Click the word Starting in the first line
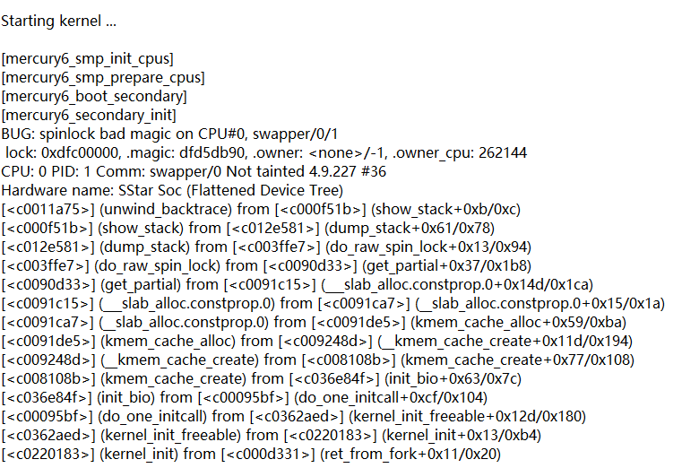[x=30, y=21]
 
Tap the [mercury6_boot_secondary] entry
[x=94, y=96]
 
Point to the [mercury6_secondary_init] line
[x=89, y=115]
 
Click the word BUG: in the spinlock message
[x=18, y=134]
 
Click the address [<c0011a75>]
[x=47, y=209]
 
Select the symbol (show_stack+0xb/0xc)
[x=446, y=209]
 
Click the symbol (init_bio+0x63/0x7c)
[x=416, y=378]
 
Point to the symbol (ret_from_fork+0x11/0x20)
[x=410, y=454]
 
